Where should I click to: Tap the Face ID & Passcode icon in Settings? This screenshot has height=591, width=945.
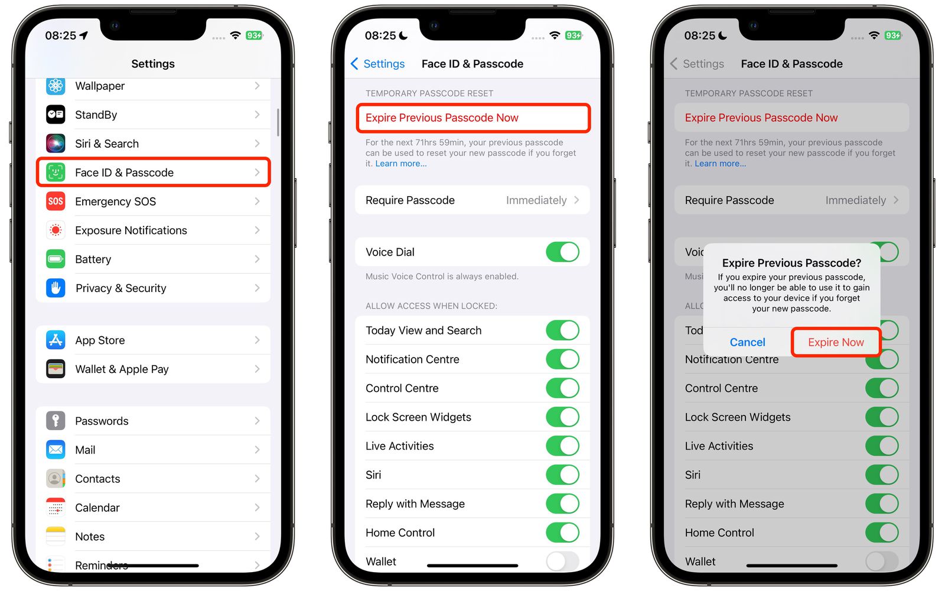click(56, 173)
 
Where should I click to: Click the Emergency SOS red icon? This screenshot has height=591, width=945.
click(56, 202)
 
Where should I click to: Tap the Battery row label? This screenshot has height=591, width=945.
click(93, 259)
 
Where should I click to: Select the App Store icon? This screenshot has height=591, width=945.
click(56, 340)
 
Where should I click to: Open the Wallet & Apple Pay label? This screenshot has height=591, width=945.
click(122, 369)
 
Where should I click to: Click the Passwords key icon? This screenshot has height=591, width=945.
click(56, 421)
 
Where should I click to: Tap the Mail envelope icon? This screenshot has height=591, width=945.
click(56, 450)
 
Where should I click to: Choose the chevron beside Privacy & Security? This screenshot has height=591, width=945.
click(257, 288)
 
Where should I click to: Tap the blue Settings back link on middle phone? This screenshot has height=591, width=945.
click(378, 64)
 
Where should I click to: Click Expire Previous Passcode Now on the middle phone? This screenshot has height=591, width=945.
click(442, 118)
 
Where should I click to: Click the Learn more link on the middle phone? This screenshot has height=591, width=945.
click(400, 164)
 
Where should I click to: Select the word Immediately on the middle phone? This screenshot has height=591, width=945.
click(536, 200)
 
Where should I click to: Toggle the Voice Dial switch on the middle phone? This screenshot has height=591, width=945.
click(562, 252)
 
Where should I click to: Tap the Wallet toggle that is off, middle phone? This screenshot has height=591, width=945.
click(562, 561)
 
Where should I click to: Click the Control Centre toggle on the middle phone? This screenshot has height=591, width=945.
click(562, 388)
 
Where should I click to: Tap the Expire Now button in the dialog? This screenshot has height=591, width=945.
click(836, 342)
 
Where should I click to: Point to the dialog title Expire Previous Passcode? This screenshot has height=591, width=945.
click(791, 263)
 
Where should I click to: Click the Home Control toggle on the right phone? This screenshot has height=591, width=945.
click(881, 532)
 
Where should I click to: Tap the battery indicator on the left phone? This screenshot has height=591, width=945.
click(254, 35)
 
